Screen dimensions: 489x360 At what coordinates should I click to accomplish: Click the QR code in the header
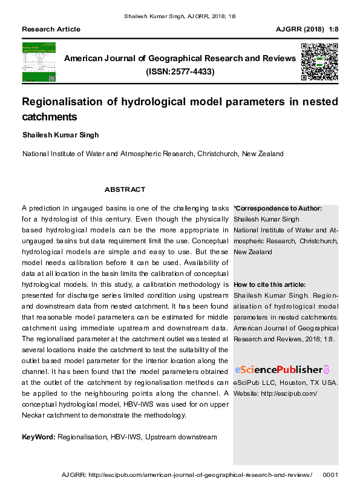pos(319,62)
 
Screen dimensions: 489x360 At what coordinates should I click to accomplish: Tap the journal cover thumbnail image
pos(39,62)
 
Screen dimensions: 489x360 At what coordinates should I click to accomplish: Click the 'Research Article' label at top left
pos(51,29)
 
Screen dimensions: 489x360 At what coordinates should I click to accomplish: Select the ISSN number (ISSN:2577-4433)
pos(180,71)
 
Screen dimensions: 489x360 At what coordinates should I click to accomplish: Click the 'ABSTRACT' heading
pos(125,189)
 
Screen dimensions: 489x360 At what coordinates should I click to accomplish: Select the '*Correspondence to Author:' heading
pos(278,208)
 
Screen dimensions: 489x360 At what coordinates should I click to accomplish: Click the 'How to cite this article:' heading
pos(269,284)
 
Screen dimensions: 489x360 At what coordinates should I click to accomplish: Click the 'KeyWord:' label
pos(39,437)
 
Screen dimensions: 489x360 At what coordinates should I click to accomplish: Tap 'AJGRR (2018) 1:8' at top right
pos(307,29)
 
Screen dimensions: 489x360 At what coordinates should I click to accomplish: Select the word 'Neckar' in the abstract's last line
pos(34,415)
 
